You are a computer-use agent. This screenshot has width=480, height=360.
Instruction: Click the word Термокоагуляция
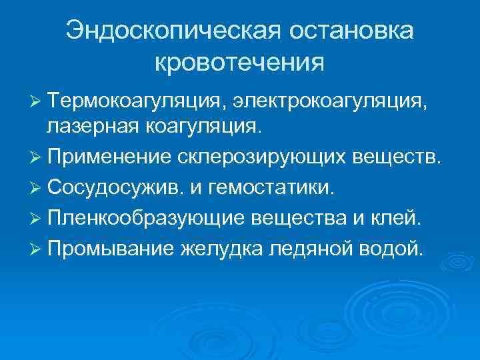point(137,101)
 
